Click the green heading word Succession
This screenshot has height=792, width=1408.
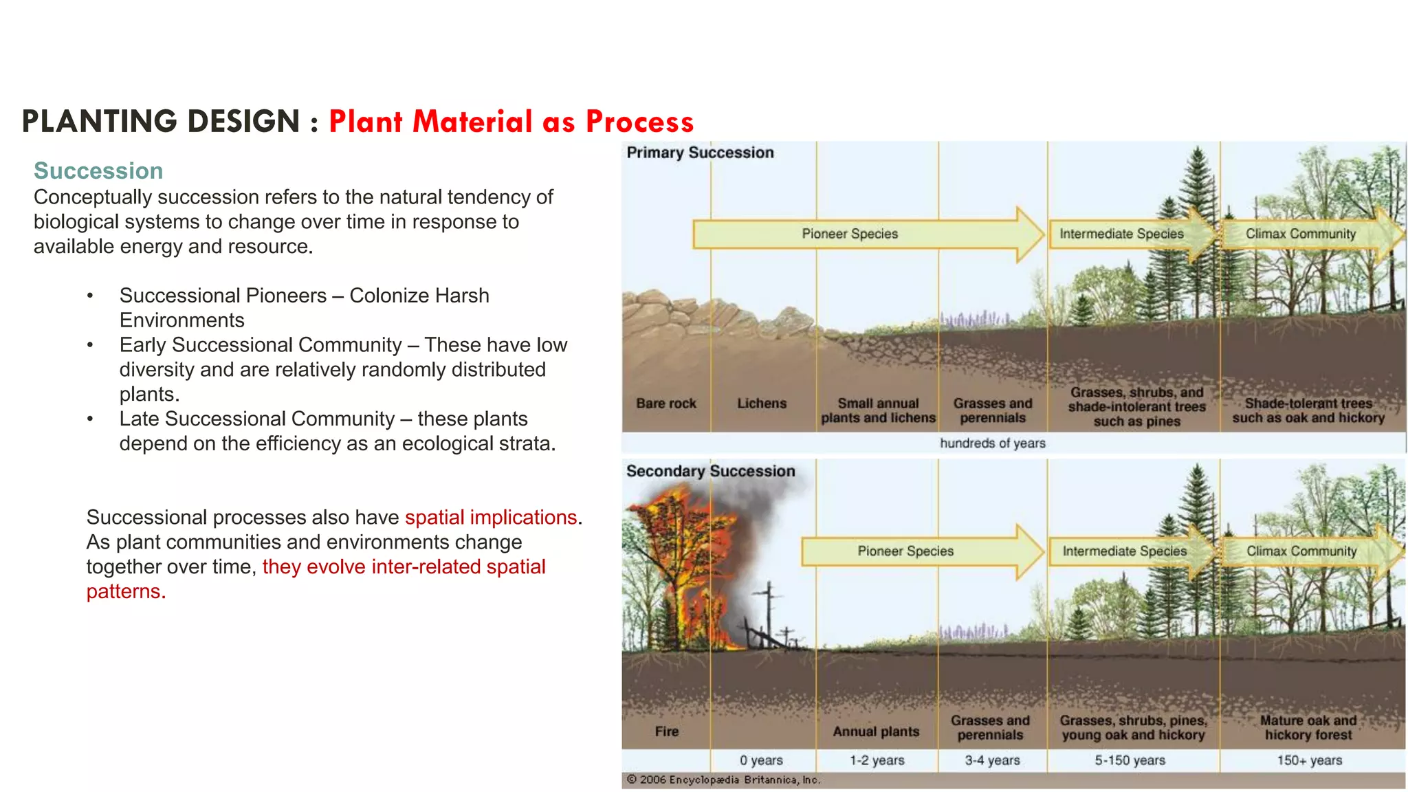click(98, 170)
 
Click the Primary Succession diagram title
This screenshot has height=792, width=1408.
click(700, 153)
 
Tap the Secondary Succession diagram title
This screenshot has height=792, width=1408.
click(710, 471)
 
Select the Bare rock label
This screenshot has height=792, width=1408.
click(665, 404)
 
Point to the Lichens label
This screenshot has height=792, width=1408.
click(762, 404)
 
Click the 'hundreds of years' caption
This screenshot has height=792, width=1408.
click(992, 443)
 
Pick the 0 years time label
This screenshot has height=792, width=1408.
click(761, 760)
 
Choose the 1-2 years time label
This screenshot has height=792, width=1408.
click(877, 760)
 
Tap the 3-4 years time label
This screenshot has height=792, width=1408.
click(992, 760)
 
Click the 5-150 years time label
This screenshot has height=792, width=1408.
click(1130, 760)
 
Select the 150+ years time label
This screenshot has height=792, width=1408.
click(1309, 760)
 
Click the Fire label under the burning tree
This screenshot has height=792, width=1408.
click(666, 731)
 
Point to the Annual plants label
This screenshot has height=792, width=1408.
click(876, 731)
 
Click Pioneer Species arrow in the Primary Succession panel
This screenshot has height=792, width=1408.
click(850, 234)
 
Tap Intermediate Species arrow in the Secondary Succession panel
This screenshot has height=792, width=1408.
click(1125, 551)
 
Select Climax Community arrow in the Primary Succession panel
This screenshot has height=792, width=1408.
click(1301, 234)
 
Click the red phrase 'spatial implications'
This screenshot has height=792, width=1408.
click(490, 517)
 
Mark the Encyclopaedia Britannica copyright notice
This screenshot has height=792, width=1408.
click(723, 780)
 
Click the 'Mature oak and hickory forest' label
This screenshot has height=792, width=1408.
click(1308, 727)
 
